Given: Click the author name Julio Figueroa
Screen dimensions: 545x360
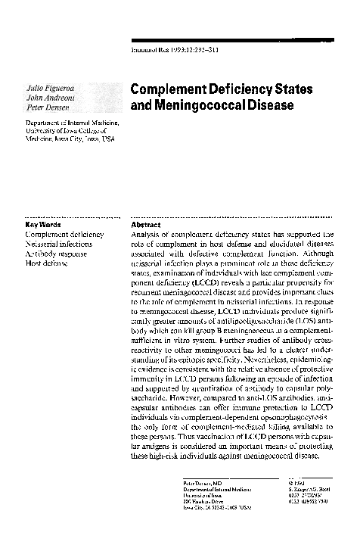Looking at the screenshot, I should click(x=49, y=89).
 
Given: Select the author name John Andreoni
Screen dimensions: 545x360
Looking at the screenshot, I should click(x=48, y=98).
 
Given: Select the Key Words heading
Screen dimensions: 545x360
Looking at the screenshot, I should click(x=43, y=225).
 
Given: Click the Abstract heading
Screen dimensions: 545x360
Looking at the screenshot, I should click(x=145, y=225).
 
